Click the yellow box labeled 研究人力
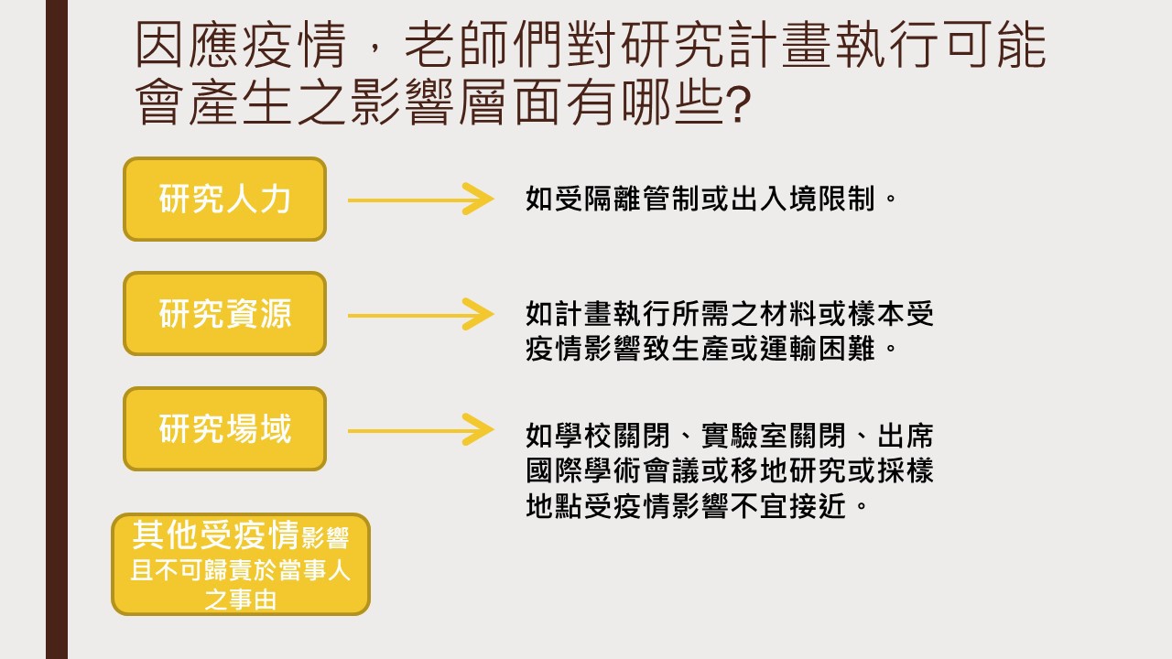pos(225,200)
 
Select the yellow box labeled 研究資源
pos(225,314)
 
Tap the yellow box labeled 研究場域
pos(225,429)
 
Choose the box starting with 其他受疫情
pos(241,565)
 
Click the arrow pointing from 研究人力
pos(420,200)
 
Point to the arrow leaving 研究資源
pos(420,315)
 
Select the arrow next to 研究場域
pos(420,430)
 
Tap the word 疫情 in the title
pos(295,45)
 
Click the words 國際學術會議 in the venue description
pos(613,470)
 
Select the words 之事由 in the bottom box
pos(240,600)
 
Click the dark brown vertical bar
pos(57,329)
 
